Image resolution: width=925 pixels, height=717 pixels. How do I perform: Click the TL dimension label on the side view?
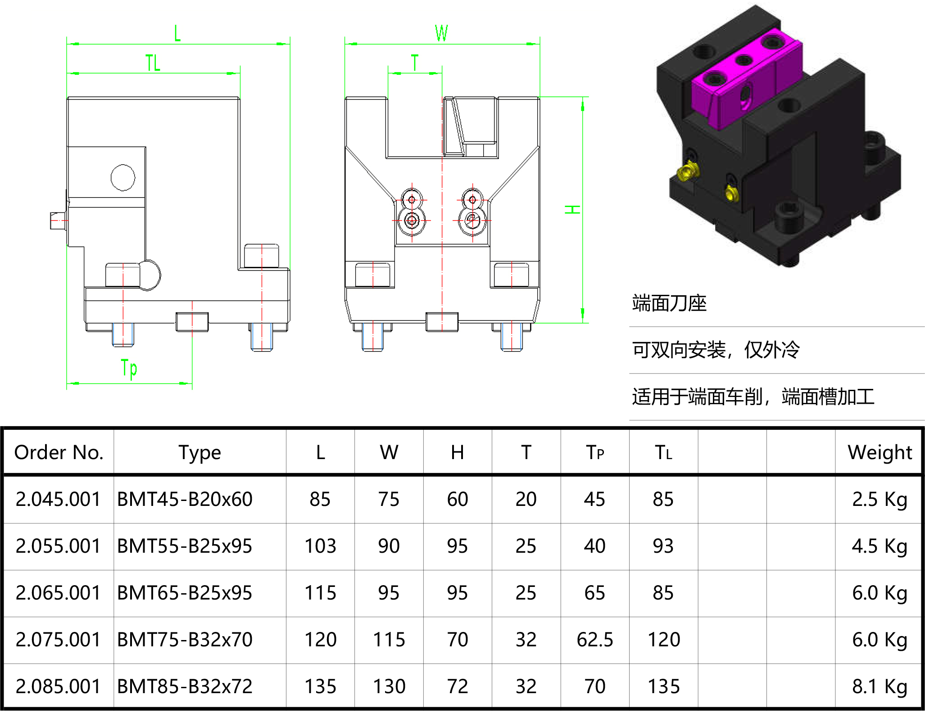(x=153, y=63)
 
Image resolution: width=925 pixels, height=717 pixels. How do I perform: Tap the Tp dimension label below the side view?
(x=129, y=368)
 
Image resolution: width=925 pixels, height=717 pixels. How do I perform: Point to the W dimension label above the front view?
(x=441, y=33)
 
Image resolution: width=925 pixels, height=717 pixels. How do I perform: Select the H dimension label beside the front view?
(x=573, y=209)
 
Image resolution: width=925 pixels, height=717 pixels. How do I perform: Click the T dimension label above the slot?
(x=415, y=63)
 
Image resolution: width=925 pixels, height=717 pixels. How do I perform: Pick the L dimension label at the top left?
(x=177, y=33)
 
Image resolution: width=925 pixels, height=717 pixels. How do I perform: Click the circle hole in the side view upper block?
(x=123, y=177)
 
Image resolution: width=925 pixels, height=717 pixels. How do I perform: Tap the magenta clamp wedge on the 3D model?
(x=743, y=81)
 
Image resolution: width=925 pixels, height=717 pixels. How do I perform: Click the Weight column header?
(x=880, y=452)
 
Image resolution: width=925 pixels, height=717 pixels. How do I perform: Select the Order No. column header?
(x=59, y=452)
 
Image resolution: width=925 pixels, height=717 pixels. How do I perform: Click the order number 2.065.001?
(x=59, y=593)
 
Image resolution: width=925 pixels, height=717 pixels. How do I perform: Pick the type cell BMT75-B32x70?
(x=185, y=640)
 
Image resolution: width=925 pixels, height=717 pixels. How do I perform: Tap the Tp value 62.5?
(x=595, y=640)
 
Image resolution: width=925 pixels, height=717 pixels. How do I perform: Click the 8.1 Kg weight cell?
(x=880, y=686)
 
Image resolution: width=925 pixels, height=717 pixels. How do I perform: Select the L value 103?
(x=320, y=546)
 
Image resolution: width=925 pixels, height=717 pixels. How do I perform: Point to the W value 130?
(x=389, y=686)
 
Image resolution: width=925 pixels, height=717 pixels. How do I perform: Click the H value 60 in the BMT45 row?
(x=458, y=499)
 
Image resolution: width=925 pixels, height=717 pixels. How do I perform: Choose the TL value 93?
(x=663, y=546)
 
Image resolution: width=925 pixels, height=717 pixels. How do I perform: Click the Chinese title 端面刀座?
(x=669, y=303)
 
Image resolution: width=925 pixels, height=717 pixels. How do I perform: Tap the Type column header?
(x=200, y=452)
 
